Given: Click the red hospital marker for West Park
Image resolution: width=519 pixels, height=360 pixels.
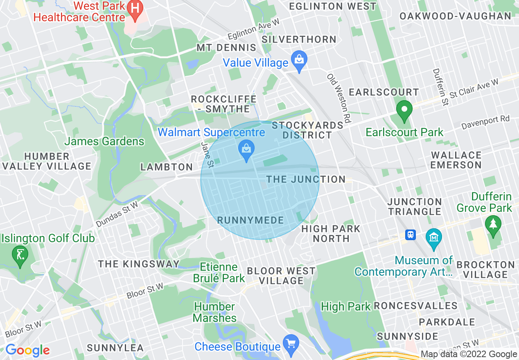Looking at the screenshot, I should click(133, 8).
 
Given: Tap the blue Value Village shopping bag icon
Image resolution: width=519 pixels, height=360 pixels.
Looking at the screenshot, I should click(299, 61).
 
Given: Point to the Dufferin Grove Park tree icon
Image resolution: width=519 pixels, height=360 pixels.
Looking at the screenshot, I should click(493, 225).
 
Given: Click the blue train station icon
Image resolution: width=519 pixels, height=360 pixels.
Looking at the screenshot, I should click(410, 235).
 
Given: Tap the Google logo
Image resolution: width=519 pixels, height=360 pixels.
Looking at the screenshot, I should click(27, 350).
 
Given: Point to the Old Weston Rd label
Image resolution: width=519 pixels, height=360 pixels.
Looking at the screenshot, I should click(339, 99).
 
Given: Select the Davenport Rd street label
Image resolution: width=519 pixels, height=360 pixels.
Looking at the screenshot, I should click(485, 122).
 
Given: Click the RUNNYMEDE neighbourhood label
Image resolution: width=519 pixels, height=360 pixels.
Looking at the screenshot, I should click(250, 220).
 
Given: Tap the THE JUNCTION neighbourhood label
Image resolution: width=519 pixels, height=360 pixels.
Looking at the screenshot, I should click(306, 179).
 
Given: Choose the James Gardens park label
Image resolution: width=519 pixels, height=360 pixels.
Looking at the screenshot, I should click(104, 142).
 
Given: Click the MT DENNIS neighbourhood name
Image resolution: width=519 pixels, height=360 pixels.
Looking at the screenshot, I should click(226, 48).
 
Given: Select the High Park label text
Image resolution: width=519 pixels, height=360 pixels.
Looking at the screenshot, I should click(346, 306).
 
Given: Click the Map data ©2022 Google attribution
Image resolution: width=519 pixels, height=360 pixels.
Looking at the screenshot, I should click(469, 354).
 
